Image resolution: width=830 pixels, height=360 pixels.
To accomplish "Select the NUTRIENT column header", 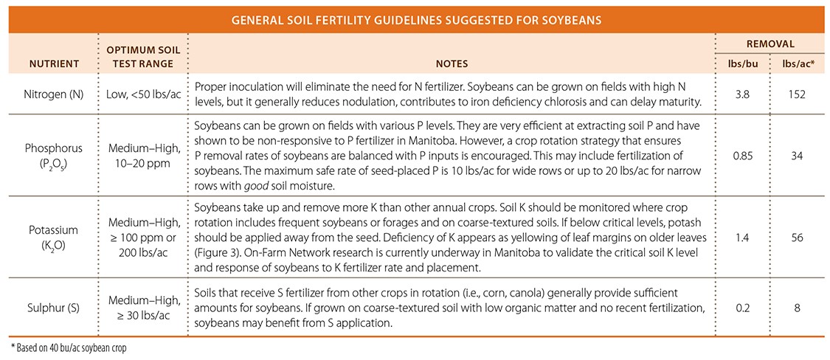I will coord(53,63).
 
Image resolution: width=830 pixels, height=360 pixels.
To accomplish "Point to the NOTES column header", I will coord(451,63).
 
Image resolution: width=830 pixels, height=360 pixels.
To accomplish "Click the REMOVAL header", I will coord(772,44).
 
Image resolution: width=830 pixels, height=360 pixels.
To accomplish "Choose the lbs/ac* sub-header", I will coord(800,63).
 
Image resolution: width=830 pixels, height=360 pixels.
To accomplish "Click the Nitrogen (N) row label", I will coord(53,94).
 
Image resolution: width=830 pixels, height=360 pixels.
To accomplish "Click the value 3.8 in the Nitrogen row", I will coord(744,94).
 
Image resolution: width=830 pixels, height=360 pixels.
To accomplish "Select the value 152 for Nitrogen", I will coord(800,94).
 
